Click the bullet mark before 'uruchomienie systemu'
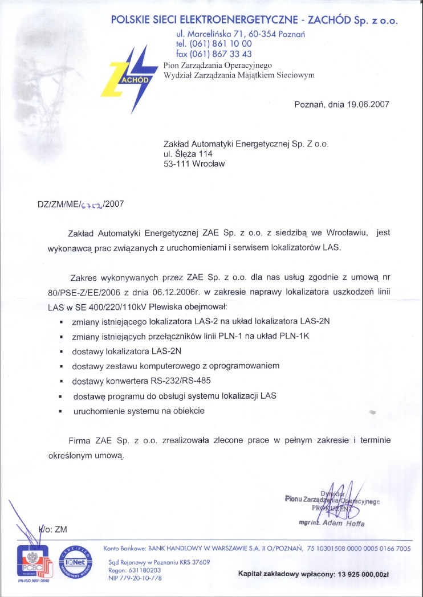[60, 411]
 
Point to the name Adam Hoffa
[344, 523]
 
